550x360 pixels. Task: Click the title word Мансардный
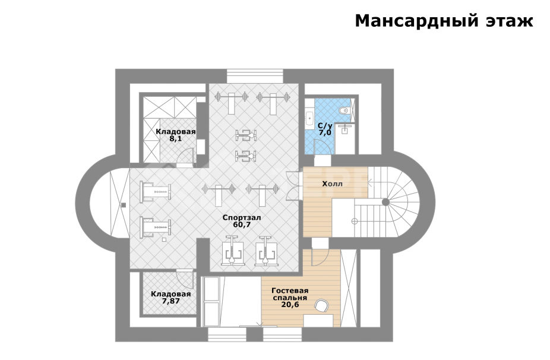coord(407,21)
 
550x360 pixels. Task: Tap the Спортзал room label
coord(242,217)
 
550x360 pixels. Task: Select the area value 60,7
coord(242,225)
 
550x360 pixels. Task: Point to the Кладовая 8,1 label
coord(175,135)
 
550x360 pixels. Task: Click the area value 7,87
coord(170,301)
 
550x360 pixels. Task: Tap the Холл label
coord(333,184)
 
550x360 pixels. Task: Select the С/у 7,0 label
coord(325,129)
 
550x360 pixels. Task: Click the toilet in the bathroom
coord(344,110)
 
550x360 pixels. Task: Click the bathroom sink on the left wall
coord(309,118)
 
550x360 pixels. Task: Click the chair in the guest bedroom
coord(321,307)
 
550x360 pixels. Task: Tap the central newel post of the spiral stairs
coord(385,202)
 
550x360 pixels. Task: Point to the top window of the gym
coord(255,77)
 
